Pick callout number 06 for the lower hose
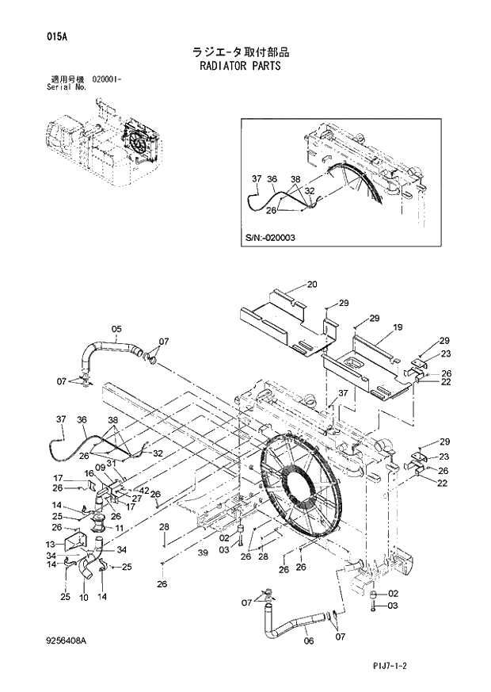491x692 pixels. (308, 642)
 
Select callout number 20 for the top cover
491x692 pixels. (311, 284)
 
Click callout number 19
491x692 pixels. (398, 327)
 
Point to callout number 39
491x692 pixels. (203, 552)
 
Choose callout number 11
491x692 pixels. (119, 528)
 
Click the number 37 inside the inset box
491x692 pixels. (256, 179)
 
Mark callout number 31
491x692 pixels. (111, 464)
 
